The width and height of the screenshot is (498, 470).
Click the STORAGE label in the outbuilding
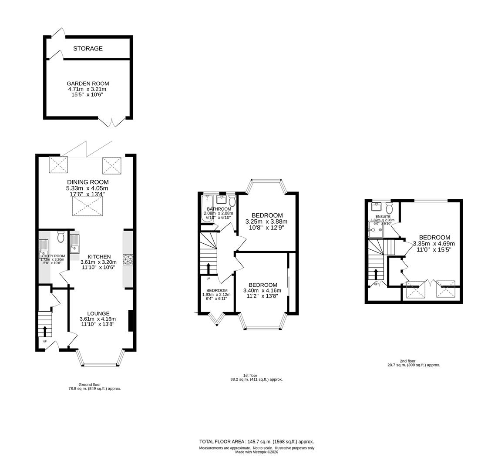click(x=88, y=48)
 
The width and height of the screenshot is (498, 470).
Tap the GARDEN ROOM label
click(x=88, y=84)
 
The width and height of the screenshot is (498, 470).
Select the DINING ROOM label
click(x=87, y=182)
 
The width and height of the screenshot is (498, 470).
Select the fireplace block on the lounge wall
click(x=130, y=321)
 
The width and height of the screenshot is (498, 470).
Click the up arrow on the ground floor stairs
click(x=45, y=330)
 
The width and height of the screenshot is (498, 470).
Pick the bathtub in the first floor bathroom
click(x=208, y=209)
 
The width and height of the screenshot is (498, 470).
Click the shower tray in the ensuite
click(x=375, y=230)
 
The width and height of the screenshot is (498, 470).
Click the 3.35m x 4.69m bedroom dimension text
click(x=434, y=244)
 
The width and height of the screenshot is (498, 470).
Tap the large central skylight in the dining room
click(x=87, y=206)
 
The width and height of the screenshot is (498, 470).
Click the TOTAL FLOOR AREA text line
click(x=256, y=441)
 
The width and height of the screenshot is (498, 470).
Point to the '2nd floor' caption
click(x=407, y=361)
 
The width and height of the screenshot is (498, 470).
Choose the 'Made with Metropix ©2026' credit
click(x=256, y=452)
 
